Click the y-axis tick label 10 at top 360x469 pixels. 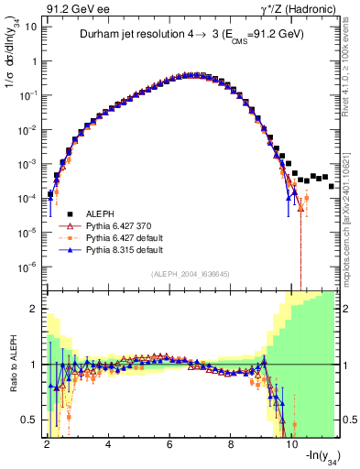tap(28, 27)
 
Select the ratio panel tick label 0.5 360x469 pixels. tap(28, 420)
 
